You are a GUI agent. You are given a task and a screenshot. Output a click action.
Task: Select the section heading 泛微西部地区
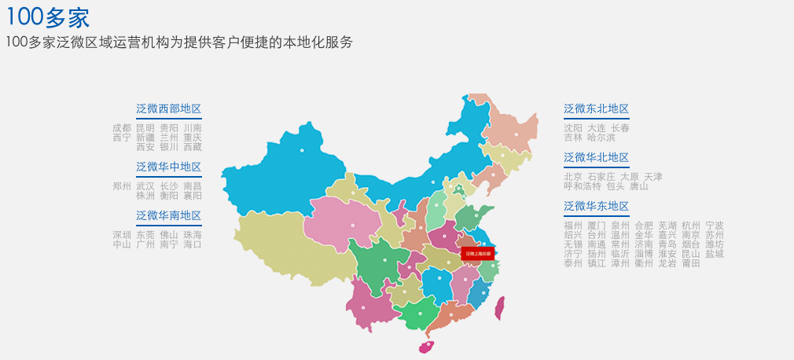point(168,108)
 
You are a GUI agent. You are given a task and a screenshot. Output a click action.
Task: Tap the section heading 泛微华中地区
point(168,167)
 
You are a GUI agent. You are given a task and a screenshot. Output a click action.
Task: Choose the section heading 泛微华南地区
point(168,215)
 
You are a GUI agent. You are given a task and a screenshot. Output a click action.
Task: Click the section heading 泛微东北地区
point(596,108)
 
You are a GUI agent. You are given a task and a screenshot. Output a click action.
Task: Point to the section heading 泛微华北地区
point(596,157)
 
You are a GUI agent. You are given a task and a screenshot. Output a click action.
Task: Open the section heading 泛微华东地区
point(596,206)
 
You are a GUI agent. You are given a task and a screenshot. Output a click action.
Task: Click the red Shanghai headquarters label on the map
point(477,254)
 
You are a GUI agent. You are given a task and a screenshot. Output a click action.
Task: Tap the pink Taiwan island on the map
point(499,307)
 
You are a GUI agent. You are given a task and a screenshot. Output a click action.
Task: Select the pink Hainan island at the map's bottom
point(426,346)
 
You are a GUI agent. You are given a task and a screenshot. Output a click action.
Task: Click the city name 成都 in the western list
point(122,127)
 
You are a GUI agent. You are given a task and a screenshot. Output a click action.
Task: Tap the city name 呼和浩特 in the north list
point(582,186)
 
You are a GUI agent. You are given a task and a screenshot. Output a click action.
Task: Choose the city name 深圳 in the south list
point(122,234)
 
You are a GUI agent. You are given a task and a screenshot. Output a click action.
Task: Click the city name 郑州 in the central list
point(122,186)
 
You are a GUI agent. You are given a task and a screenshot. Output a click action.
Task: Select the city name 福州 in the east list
point(573,226)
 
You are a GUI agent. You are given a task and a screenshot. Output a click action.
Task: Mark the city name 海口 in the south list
point(193,244)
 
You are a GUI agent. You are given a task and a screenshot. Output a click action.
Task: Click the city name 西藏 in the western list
point(193,146)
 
